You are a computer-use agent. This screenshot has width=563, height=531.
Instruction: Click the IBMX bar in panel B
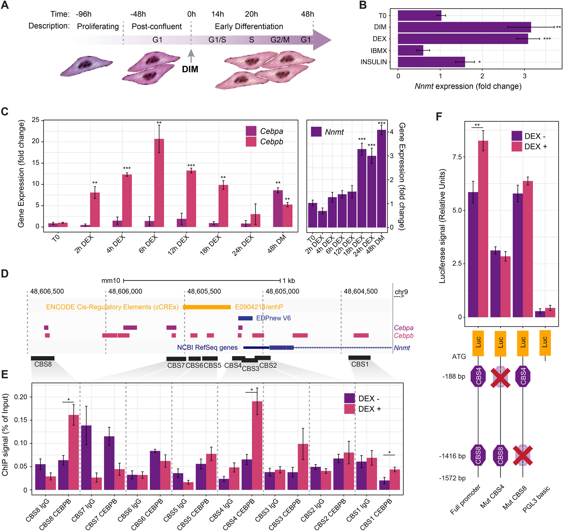coord(410,50)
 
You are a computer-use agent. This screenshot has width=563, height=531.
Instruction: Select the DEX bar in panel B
coord(463,39)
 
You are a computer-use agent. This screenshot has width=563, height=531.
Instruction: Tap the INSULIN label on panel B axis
coord(374,62)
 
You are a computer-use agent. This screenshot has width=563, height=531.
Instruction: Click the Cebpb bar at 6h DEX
coord(159,183)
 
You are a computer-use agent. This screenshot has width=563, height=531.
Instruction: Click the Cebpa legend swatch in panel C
coord(251,131)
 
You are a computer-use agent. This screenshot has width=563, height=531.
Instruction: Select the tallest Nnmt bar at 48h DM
coord(382,179)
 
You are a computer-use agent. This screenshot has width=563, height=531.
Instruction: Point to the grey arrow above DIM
coord(191,56)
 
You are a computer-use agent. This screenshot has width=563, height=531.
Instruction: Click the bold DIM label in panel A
coord(190,69)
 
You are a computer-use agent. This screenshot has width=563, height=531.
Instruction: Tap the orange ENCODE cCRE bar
coord(207,307)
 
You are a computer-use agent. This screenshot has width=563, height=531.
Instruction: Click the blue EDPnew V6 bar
coord(245,318)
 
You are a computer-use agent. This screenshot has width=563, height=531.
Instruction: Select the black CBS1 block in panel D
coord(359,357)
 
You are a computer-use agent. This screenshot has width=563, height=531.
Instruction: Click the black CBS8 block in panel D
coord(42,358)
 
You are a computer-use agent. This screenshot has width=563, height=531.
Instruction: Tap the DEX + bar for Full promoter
coord(483,229)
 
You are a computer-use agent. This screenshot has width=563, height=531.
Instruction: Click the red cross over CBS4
coord(500,378)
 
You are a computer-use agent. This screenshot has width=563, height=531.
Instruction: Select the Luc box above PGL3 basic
coord(545,343)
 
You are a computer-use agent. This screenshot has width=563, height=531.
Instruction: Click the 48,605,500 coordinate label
coord(204,291)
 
